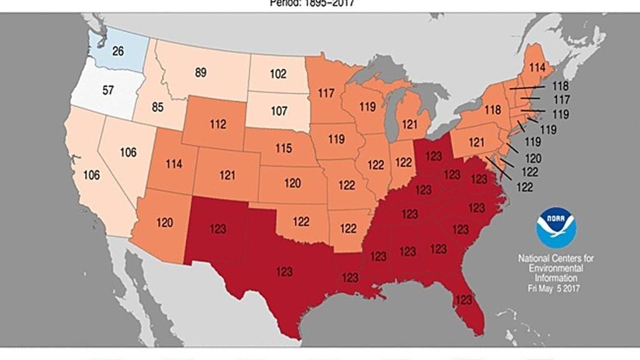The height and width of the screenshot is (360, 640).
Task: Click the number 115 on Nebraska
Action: [x=283, y=148]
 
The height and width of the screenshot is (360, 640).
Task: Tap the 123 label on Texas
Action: [x=285, y=272]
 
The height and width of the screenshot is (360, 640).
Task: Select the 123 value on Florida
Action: [x=463, y=300]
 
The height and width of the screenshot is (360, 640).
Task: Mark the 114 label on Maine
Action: [x=537, y=67]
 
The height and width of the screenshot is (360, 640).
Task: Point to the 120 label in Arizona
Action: [x=164, y=222]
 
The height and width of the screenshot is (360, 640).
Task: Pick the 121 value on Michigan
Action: [x=409, y=123]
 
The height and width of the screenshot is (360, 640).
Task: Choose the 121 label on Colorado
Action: [x=227, y=176]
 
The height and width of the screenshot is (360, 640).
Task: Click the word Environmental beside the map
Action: [x=556, y=268]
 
